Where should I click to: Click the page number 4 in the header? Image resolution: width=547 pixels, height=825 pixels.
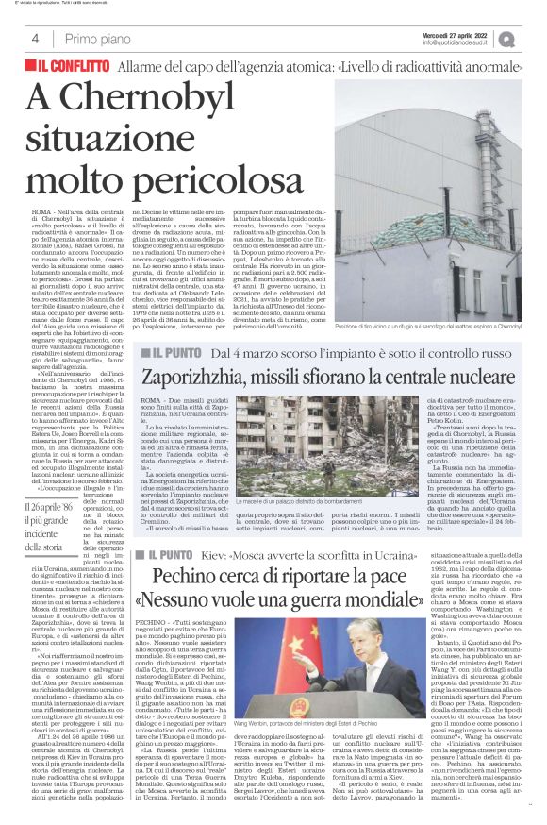[34, 39]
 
